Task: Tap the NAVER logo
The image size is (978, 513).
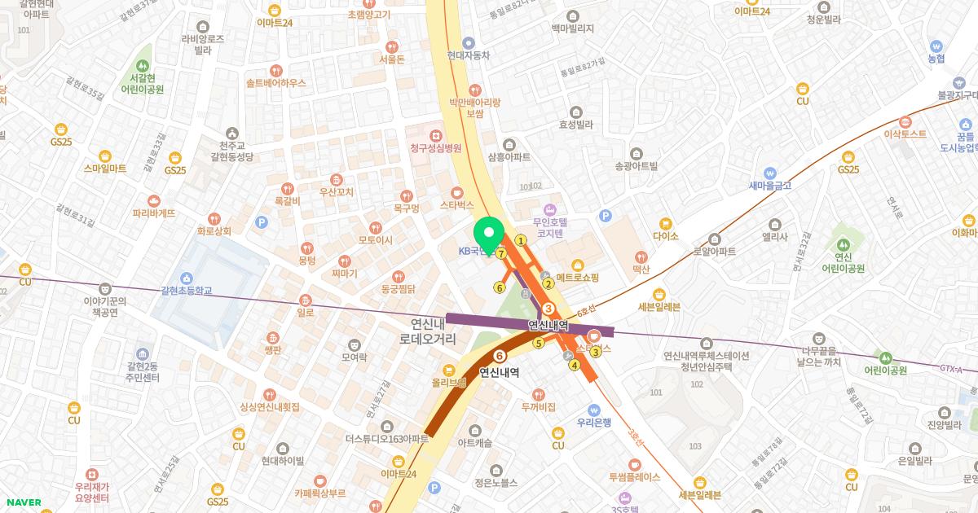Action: [21, 502]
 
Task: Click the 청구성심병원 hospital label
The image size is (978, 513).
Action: [436, 147]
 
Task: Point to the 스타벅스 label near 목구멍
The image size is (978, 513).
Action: [456, 205]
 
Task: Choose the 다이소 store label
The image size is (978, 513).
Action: [666, 235]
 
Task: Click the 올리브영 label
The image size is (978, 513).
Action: [449, 381]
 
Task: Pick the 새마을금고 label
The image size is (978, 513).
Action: [770, 184]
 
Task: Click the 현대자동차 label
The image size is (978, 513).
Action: [469, 55]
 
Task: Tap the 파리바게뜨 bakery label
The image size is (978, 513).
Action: [154, 213]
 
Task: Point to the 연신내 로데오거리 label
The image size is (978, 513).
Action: [434, 331]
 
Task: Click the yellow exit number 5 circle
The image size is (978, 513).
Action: [538, 343]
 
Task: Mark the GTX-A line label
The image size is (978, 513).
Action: [950, 369]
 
